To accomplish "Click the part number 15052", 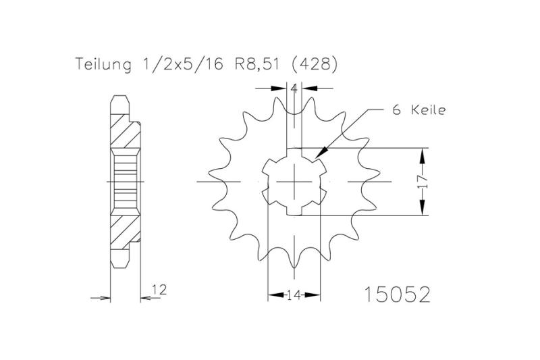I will pyautogui.click(x=397, y=294).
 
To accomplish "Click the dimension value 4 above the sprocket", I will pyautogui.click(x=294, y=88).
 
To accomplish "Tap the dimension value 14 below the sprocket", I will pyautogui.click(x=294, y=295).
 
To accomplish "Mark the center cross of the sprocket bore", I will pyautogui.click(x=296, y=182).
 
